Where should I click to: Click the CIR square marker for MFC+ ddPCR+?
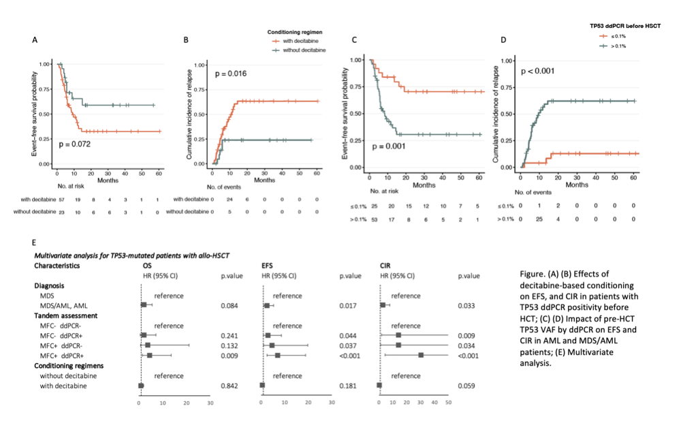[x=422, y=355]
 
